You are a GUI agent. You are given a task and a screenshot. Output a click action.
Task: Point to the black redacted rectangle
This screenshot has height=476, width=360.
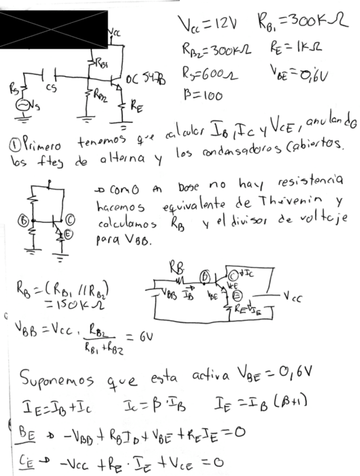tap(53, 28)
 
